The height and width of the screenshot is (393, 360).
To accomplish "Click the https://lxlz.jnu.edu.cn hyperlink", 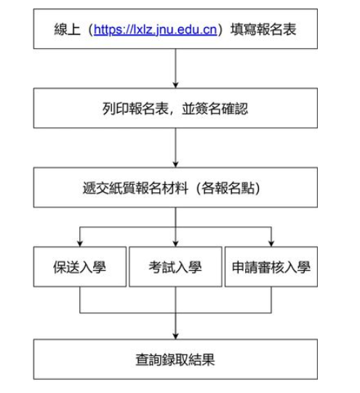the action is click(156, 30).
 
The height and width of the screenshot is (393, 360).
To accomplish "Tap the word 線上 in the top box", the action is click(67, 29).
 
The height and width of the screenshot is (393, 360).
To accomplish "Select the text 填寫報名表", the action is click(263, 29).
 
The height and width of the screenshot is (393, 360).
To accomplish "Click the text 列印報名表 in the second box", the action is click(135, 108).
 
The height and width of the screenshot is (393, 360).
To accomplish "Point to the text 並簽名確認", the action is click(215, 108).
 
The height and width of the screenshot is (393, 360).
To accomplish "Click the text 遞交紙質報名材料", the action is click(135, 188).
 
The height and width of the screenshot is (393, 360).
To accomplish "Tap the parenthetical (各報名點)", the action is click(228, 188).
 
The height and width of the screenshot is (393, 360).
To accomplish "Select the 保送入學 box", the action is click(80, 266).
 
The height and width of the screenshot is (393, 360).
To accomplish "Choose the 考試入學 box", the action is click(175, 266).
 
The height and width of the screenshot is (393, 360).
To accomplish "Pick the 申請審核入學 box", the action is click(271, 266).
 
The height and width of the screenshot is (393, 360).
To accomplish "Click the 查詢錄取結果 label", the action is click(175, 360).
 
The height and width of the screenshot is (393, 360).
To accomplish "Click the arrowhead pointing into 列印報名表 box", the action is click(175, 84).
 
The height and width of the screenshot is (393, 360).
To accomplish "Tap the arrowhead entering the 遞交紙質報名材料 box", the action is click(175, 164).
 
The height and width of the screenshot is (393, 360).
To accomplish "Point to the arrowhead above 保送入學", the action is click(80, 243).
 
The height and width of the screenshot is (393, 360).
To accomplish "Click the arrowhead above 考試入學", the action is click(175, 243).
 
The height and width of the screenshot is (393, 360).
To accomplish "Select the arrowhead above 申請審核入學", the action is click(271, 243).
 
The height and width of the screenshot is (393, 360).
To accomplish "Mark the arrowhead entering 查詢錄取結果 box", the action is click(175, 336).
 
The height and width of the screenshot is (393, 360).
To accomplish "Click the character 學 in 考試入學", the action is click(195, 267).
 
